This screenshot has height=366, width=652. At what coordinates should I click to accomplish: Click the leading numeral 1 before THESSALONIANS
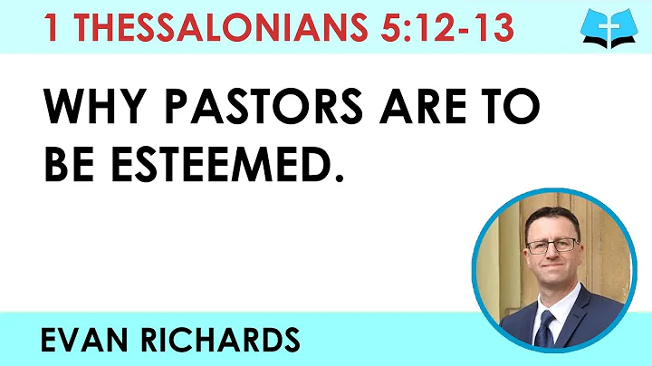click(53, 28)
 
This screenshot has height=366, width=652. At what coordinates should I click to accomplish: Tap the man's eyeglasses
click(553, 245)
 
